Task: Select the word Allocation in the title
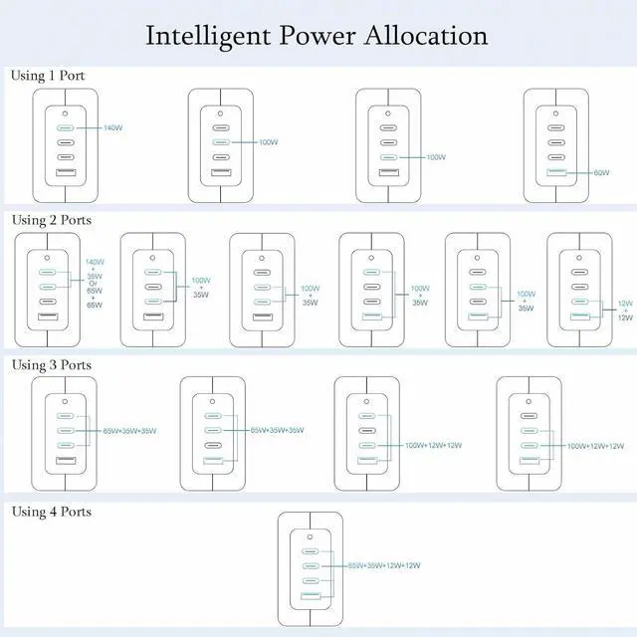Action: (x=431, y=36)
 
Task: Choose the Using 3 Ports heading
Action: (x=51, y=364)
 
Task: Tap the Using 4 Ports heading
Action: (x=51, y=512)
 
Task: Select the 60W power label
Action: (x=601, y=173)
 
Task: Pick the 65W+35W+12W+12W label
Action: (x=384, y=565)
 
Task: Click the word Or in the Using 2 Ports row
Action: (x=94, y=286)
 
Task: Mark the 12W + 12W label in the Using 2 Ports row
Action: (x=625, y=310)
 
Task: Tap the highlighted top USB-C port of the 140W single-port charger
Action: (x=65, y=128)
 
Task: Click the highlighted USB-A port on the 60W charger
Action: (x=556, y=173)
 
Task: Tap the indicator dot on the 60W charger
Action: (x=556, y=110)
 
